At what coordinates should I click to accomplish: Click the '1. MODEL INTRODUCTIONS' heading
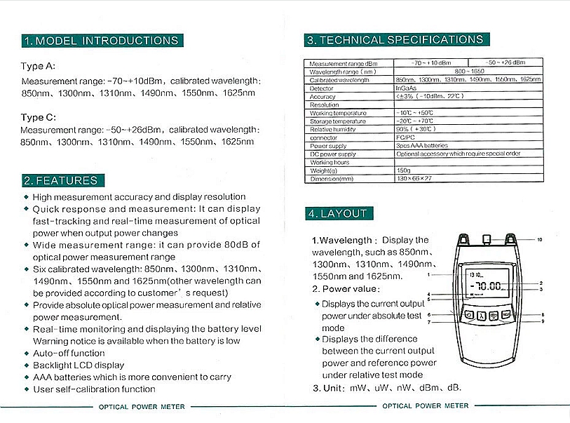[x=102, y=41]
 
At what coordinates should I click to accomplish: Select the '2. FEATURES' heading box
[x=62, y=180]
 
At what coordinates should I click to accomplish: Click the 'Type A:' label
[x=38, y=67]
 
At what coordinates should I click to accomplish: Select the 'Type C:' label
[x=38, y=117]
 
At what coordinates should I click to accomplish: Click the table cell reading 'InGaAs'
[x=406, y=88]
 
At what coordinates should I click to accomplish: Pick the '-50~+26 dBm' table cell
[x=504, y=63]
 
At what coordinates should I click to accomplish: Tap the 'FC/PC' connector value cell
[x=406, y=137]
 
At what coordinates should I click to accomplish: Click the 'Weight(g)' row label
[x=323, y=170]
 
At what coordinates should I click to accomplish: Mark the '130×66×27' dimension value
[x=414, y=179]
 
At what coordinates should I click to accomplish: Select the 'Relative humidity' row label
[x=333, y=129]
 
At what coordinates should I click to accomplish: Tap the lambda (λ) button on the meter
[x=482, y=316]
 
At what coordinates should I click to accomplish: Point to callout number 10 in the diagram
[x=539, y=240]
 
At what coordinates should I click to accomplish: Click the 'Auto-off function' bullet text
[x=69, y=353]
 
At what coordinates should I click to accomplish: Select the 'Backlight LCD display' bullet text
[x=79, y=365]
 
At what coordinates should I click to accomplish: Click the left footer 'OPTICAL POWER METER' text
[x=141, y=406]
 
